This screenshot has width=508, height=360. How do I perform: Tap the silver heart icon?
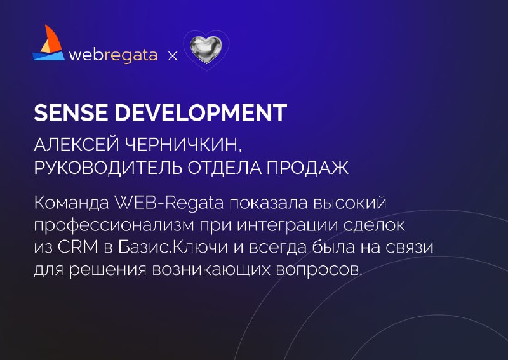point(206,50)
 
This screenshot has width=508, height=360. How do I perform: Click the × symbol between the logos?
point(173,57)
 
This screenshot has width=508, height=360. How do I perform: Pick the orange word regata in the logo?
point(131,56)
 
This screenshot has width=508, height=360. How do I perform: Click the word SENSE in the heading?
point(70,113)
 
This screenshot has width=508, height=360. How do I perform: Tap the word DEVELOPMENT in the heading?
point(201,113)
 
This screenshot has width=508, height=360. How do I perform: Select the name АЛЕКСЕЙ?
point(76,145)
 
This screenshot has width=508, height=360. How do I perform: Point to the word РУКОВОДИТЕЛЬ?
point(108,168)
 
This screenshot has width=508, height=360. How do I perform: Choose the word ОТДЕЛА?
point(225,168)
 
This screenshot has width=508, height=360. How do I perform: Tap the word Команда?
point(72,203)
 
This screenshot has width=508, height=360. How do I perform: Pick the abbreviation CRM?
point(77,247)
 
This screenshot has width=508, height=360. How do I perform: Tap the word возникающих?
point(211,270)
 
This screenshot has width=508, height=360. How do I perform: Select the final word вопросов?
point(319,270)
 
